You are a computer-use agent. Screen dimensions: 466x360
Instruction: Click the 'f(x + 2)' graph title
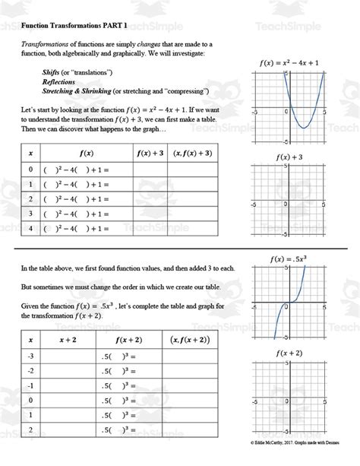tap(289, 353)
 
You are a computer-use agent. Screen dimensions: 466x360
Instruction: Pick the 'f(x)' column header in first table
tap(86, 152)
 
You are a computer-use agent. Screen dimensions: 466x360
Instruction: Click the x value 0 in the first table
tap(31, 169)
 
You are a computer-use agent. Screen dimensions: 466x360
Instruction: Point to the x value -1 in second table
tap(30, 385)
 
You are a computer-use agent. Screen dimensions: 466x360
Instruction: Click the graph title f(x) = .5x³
tap(289, 258)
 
